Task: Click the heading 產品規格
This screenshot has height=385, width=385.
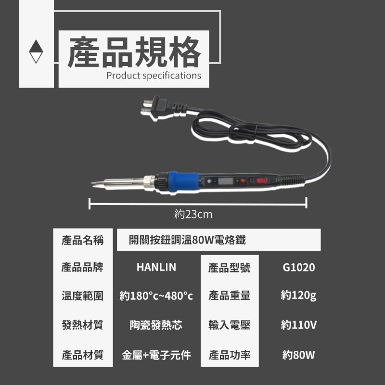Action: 134,52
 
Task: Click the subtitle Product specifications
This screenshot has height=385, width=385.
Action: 154,76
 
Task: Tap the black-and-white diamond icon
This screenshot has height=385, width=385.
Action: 36,51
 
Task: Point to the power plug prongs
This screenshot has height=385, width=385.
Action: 147,106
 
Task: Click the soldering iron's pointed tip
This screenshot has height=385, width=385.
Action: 91,183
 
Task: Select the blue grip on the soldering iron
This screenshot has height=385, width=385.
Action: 183,182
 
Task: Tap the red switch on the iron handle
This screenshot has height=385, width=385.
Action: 261,181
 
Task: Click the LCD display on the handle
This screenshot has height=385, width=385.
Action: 225,181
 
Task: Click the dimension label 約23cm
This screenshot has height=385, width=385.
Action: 193,214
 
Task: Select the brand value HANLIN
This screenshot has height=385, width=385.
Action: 156,267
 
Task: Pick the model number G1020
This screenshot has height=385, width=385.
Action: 298,268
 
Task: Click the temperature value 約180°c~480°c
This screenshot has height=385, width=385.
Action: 156,296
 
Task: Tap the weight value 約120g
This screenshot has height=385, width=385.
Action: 298,295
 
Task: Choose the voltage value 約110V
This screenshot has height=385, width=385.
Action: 298,325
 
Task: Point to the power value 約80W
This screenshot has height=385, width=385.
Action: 298,355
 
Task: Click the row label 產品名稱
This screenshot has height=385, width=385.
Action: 82,240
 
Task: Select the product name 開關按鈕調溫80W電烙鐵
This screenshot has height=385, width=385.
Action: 187,240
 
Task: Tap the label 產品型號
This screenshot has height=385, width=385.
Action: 230,268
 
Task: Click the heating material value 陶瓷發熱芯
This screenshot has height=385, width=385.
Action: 156,325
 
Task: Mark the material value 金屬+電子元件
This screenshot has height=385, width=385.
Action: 156,355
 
